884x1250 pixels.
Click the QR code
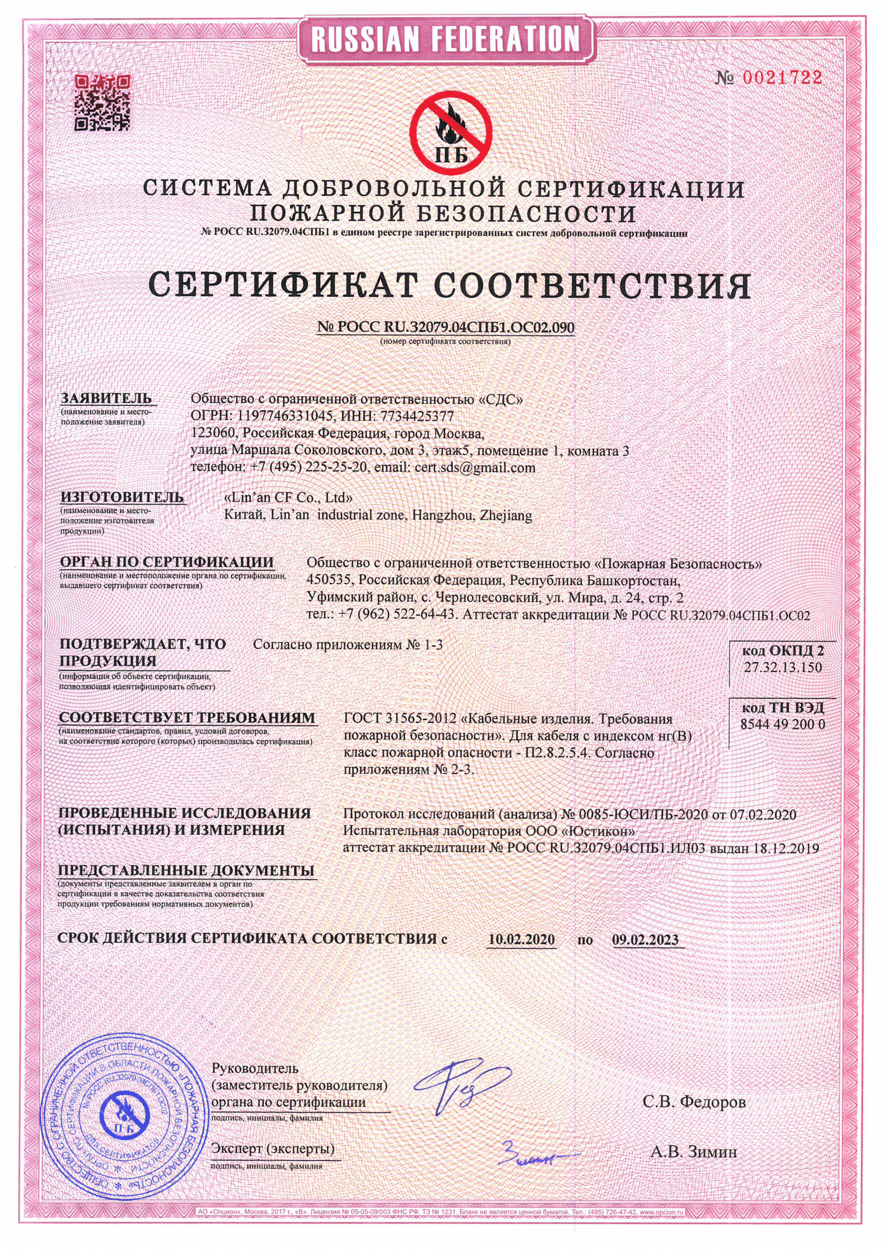pos(102,103)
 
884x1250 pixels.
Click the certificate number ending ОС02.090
pos(445,327)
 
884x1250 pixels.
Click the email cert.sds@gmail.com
pos(475,467)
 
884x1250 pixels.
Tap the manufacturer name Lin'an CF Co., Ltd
pos(288,497)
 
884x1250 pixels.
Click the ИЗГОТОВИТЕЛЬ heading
pos(122,497)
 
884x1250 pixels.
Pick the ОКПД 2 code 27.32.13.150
pos(782,668)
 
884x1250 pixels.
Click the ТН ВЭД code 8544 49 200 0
pos(782,725)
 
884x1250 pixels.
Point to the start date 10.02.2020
pos(521,939)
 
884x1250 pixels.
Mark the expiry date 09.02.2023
pos(645,939)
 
